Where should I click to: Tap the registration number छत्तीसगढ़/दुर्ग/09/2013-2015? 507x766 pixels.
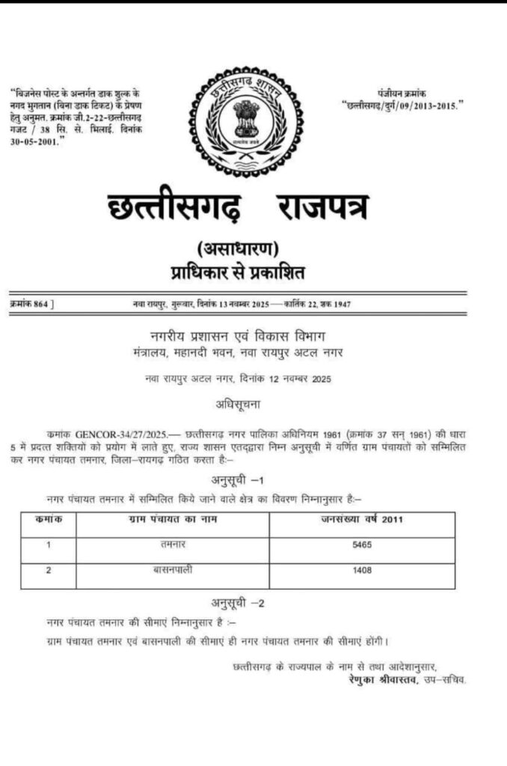click(402, 105)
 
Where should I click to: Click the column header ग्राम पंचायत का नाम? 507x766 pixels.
click(173, 520)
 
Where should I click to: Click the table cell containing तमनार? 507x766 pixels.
click(173, 545)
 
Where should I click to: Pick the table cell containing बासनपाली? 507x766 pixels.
click(173, 571)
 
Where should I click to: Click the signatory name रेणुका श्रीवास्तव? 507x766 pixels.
click(382, 680)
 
